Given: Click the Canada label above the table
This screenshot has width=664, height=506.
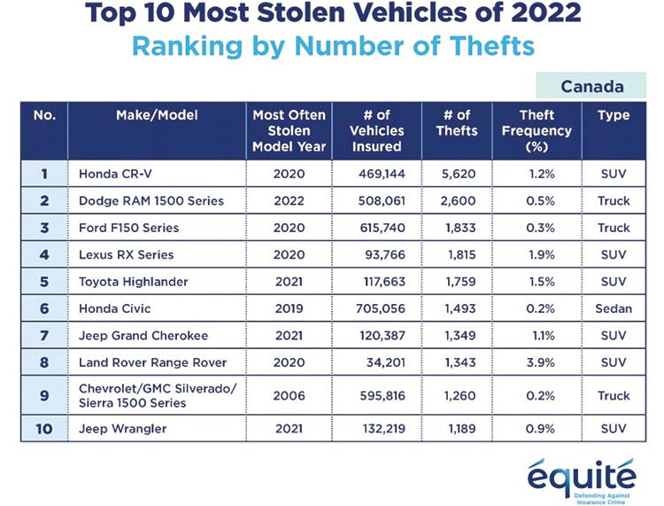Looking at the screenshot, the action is (592, 87).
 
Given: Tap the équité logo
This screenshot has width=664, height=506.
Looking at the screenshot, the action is (582, 480).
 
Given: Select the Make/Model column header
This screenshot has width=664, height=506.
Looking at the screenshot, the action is (157, 115).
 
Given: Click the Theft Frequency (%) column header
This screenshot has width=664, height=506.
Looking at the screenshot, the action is (537, 130).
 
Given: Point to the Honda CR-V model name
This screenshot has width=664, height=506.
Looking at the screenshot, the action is (115, 174).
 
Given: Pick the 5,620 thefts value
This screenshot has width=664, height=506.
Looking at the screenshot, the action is (459, 174).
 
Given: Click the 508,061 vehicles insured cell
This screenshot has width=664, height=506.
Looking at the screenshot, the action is (382, 201).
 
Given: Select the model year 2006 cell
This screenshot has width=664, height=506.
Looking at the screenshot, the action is (289, 396).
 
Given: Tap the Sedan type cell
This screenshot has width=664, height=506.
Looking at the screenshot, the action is (614, 308).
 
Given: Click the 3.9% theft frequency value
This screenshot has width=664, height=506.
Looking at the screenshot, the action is (540, 362).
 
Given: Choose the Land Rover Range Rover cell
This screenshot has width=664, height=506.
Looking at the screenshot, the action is (152, 362).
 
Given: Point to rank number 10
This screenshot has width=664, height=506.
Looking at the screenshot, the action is (44, 429).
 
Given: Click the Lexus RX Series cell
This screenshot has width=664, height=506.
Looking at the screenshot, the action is (127, 254).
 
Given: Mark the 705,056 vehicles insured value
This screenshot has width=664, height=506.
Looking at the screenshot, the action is (381, 308).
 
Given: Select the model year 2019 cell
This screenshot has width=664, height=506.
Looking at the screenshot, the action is (289, 308).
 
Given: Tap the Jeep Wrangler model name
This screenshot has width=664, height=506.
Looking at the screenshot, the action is (122, 429).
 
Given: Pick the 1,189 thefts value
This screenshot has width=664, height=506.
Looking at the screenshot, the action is (461, 429).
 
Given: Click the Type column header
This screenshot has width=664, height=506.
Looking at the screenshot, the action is (614, 115).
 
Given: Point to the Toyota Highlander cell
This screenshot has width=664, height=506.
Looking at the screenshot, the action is (134, 282).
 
